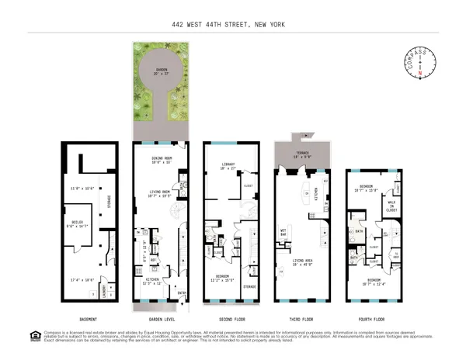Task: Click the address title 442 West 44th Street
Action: (x=232, y=24)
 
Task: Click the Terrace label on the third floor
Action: (x=302, y=154)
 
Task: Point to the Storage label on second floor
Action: (x=249, y=286)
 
